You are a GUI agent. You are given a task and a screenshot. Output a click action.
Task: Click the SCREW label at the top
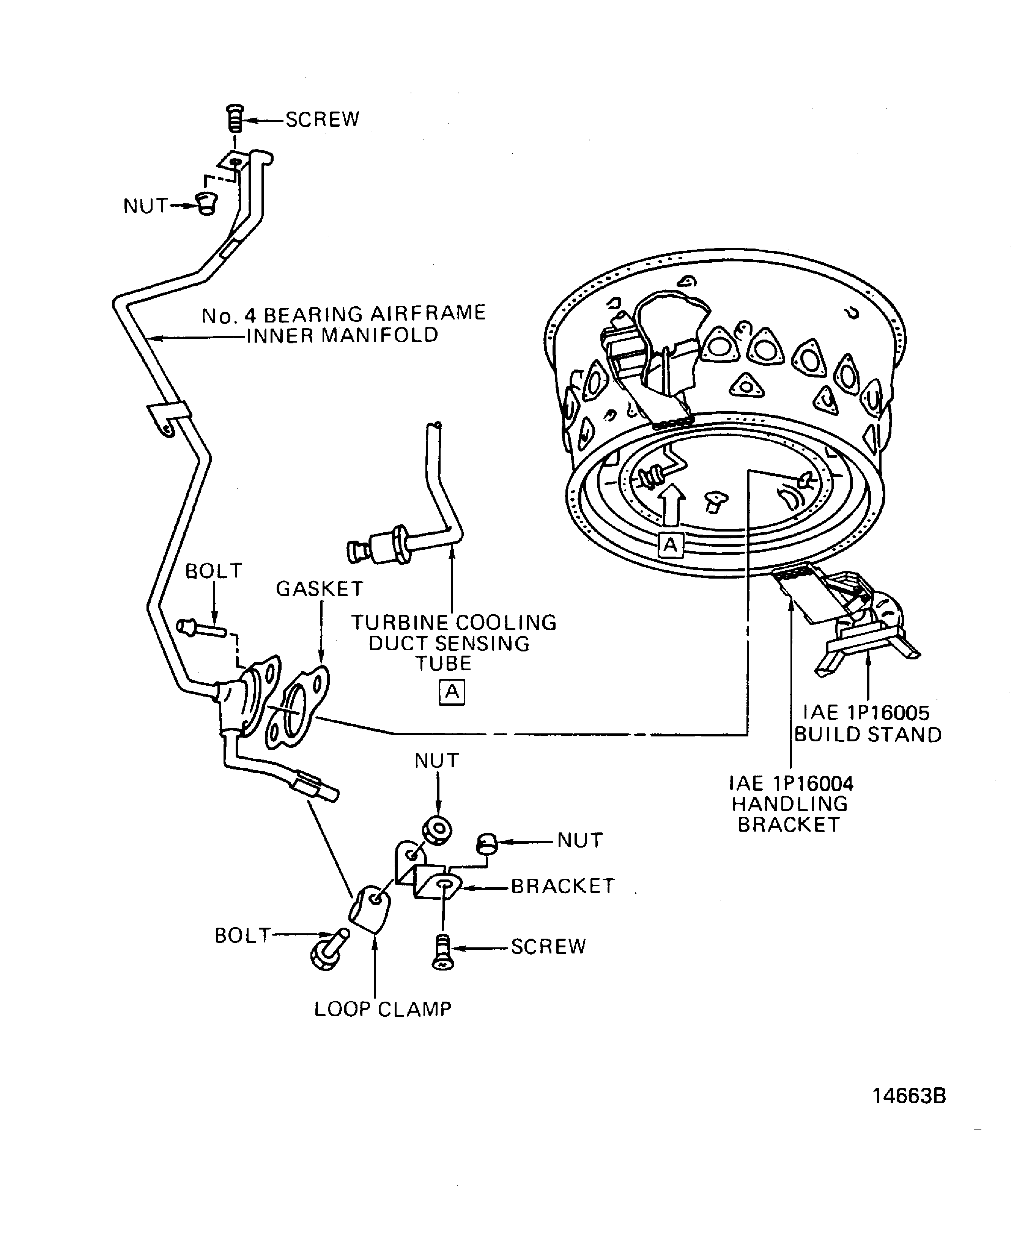point(322,120)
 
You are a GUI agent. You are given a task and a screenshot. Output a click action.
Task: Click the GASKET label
point(320,588)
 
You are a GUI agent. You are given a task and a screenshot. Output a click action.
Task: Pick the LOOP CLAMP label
point(383,1009)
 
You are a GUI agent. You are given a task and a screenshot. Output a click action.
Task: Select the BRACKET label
point(562,886)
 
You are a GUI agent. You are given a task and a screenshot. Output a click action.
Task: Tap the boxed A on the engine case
point(671,545)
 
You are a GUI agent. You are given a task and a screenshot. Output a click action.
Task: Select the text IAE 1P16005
point(866,713)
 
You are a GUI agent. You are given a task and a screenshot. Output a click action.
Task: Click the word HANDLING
point(790,804)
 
